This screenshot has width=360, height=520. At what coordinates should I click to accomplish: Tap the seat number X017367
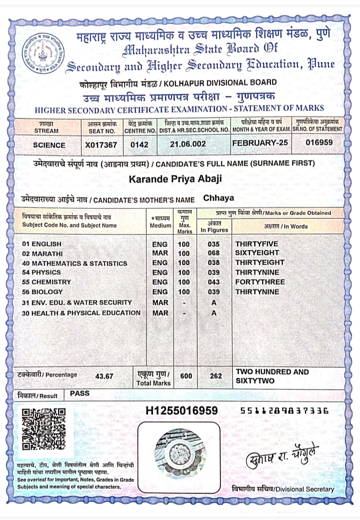pos(102,145)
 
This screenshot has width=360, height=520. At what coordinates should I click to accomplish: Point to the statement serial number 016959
pos(318,142)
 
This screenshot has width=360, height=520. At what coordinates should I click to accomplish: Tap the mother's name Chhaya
pos(218,198)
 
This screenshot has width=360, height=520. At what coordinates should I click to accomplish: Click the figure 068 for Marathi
pos(214,253)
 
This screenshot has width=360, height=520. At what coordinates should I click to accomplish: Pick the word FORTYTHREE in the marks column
pos(260,282)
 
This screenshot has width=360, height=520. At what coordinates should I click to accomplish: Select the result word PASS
pos(80,393)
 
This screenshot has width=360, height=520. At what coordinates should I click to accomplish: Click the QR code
pos(44,428)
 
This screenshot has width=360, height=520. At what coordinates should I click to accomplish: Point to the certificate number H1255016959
pos(181,411)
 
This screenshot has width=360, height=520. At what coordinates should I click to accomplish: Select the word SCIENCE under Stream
pos(49,145)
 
